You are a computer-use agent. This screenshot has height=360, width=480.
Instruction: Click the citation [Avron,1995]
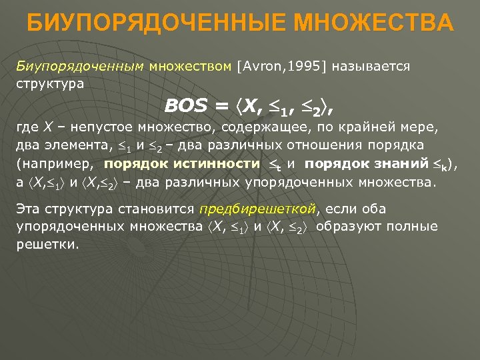pyautogui.click(x=275, y=66)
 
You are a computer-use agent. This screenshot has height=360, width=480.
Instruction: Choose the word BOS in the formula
pyautogui.click(x=186, y=106)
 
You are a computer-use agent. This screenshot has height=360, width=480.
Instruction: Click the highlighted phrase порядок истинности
pyautogui.click(x=182, y=163)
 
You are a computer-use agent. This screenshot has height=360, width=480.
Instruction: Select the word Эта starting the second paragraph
pyautogui.click(x=27, y=209)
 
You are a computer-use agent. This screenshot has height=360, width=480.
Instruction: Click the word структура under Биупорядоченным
pyautogui.click(x=50, y=84)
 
